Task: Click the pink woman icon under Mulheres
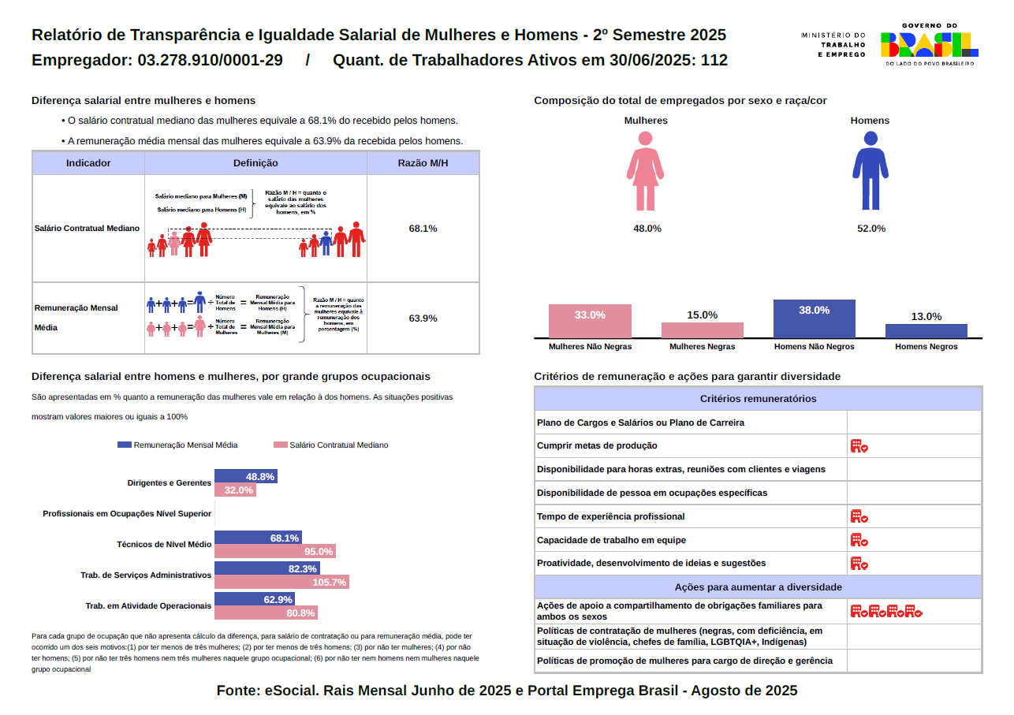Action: pos(645,169)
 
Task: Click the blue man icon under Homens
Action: pos(870,170)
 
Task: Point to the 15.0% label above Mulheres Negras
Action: pos(702,315)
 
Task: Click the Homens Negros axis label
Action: pos(926,347)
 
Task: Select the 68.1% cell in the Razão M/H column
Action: pos(423,229)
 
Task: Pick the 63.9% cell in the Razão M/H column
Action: pos(423,318)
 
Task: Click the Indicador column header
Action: pos(88,163)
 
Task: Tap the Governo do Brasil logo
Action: pos(929,44)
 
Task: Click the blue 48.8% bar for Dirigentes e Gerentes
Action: pos(245,477)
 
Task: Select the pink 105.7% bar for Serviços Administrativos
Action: pos(281,583)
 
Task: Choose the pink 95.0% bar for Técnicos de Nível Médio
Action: pos(275,552)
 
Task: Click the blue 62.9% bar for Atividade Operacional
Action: pos(254,599)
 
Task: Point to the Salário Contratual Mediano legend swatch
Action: pos(279,445)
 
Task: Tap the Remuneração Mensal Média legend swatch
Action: pos(124,445)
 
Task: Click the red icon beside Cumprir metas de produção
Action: pos(859,446)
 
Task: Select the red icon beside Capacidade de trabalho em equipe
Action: pos(859,540)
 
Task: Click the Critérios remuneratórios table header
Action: pos(758,399)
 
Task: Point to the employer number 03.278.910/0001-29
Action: pos(210,61)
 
